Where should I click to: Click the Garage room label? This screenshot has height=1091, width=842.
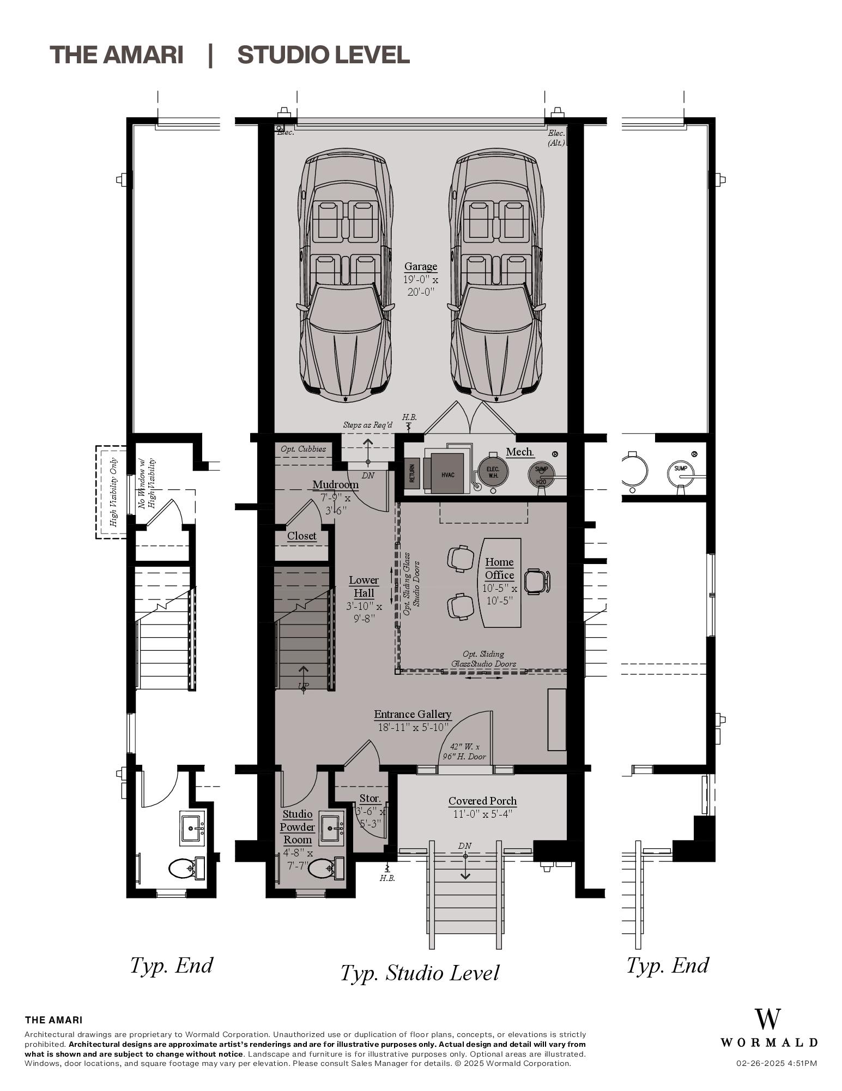click(420, 267)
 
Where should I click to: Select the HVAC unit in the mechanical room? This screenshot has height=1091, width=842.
click(447, 474)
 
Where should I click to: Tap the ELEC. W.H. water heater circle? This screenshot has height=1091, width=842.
click(493, 472)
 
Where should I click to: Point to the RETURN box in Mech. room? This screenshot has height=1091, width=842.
click(412, 473)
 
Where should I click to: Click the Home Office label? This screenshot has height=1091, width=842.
click(499, 568)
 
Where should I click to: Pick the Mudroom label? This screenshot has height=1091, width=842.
click(335, 484)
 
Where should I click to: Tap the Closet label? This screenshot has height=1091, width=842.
click(301, 536)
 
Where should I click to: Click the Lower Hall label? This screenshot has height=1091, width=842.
click(364, 586)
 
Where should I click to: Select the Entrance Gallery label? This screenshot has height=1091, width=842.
click(413, 714)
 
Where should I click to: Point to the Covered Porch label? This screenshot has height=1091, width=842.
click(482, 801)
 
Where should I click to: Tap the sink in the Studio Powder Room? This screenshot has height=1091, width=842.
click(331, 829)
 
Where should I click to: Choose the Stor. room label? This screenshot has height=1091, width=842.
click(370, 798)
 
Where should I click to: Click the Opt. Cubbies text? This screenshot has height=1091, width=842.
click(303, 449)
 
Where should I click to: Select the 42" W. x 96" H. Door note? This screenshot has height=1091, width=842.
click(464, 752)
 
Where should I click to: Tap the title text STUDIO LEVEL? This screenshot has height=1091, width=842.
click(323, 55)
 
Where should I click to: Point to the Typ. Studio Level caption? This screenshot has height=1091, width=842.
click(419, 973)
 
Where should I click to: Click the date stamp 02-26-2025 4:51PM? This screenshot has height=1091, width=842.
click(776, 1063)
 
